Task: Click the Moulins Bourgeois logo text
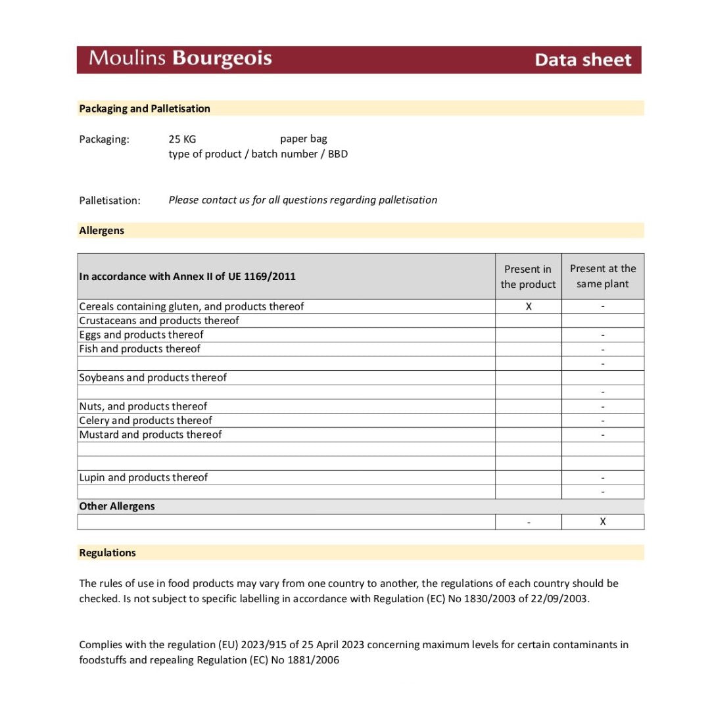(x=180, y=59)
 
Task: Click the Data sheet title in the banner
(x=582, y=60)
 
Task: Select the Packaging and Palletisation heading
(x=145, y=108)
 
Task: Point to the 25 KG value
(x=182, y=139)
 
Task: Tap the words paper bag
(x=303, y=139)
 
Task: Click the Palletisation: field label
(x=110, y=201)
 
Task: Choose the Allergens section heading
(x=102, y=231)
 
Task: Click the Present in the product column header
(x=528, y=277)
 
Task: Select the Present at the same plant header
(x=603, y=276)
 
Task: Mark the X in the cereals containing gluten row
(x=529, y=306)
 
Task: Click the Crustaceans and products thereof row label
(x=159, y=321)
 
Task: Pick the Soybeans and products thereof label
(x=153, y=378)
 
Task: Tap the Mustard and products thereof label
(x=151, y=435)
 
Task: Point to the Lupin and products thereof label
(x=143, y=478)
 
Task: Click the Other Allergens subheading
(x=117, y=507)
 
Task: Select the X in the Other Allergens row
(x=603, y=522)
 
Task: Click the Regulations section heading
(x=107, y=553)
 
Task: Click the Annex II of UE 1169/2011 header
(x=187, y=277)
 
